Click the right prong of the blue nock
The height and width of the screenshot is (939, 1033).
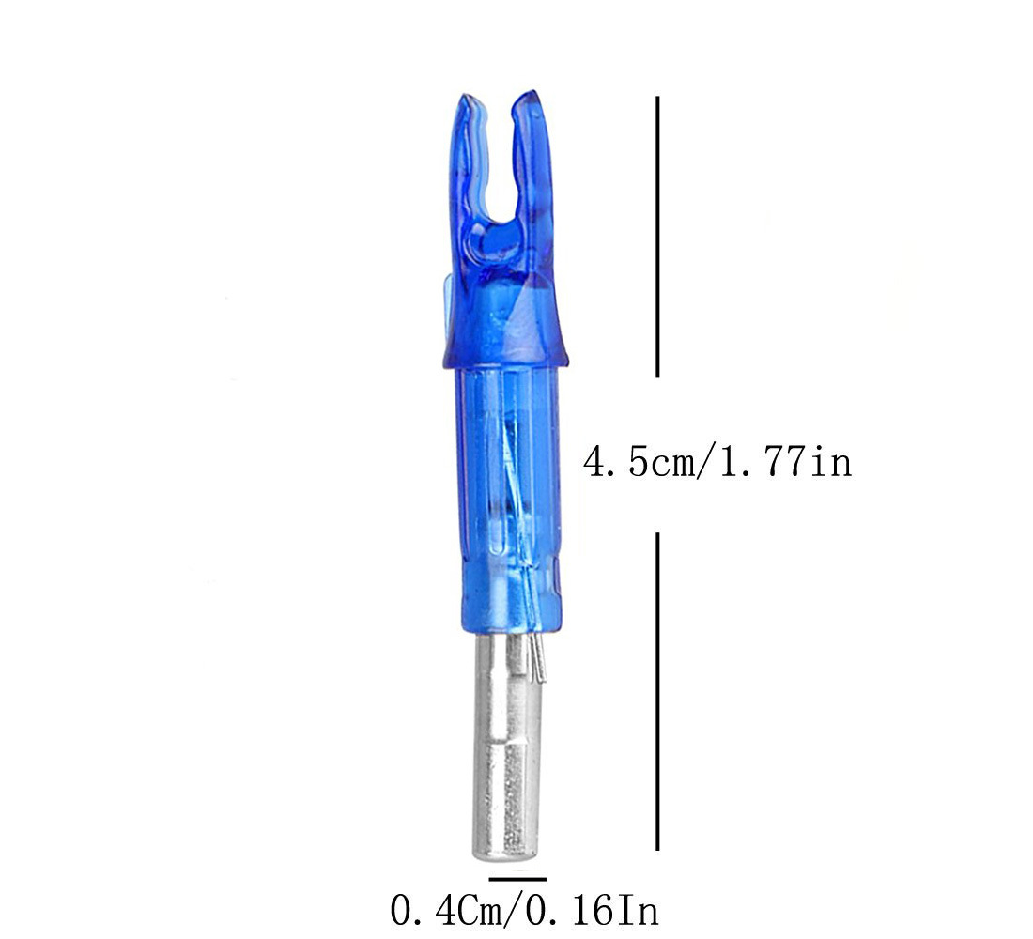pyautogui.click(x=532, y=158)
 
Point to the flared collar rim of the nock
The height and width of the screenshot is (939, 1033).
pyautogui.click(x=504, y=356)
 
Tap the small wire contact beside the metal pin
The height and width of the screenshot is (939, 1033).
pyautogui.click(x=537, y=659)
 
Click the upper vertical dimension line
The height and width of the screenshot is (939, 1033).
pyautogui.click(x=657, y=237)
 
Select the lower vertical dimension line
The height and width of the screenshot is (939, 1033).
pyautogui.click(x=657, y=691)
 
